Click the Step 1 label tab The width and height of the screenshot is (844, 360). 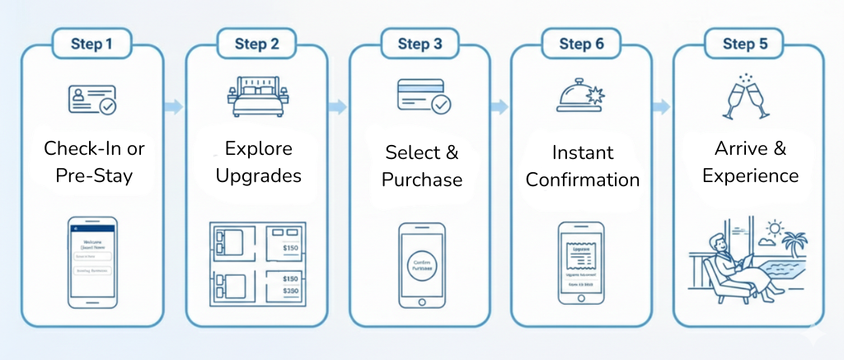[x=92, y=44]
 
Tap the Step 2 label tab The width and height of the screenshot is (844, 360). [x=256, y=44]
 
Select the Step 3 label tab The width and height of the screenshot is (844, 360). [x=420, y=44]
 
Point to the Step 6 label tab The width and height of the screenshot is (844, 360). [x=582, y=44]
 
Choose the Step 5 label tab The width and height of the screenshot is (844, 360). [x=745, y=44]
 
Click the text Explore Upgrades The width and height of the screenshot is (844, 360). [x=258, y=163]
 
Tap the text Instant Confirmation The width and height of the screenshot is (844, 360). [x=582, y=166]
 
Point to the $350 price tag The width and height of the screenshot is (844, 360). [x=291, y=291]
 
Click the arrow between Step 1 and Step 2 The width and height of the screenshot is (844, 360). [x=173, y=106]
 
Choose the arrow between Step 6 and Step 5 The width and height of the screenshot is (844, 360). [x=661, y=106]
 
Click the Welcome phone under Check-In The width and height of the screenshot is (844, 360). [x=91, y=261]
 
